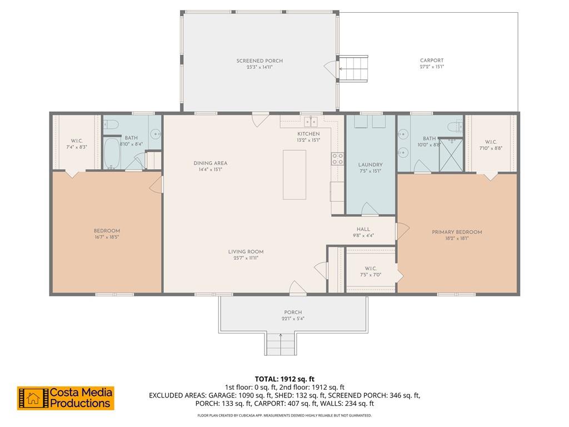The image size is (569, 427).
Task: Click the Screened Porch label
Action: (259, 61)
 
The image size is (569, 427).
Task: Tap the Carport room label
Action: (432, 61)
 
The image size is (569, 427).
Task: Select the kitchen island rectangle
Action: (295, 175)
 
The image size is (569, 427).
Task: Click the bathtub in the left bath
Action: (112, 153)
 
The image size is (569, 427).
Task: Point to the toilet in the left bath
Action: (111, 125)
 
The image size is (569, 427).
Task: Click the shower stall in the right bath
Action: (451, 155)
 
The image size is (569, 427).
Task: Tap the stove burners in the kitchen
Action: (337, 158)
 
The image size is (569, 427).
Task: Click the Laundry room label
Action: (370, 165)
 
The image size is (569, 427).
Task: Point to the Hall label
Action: (363, 229)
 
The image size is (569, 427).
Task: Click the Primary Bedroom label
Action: (457, 232)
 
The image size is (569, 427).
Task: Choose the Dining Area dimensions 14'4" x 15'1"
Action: (211, 170)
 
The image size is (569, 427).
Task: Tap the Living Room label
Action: (246, 252)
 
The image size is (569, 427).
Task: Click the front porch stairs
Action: (281, 344)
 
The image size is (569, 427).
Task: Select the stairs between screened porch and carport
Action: (353, 68)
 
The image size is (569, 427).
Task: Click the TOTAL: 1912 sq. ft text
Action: (284, 379)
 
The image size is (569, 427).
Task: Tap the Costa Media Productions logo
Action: (66, 398)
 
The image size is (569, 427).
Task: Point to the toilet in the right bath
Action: (455, 127)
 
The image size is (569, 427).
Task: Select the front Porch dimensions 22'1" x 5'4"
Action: (293, 319)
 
